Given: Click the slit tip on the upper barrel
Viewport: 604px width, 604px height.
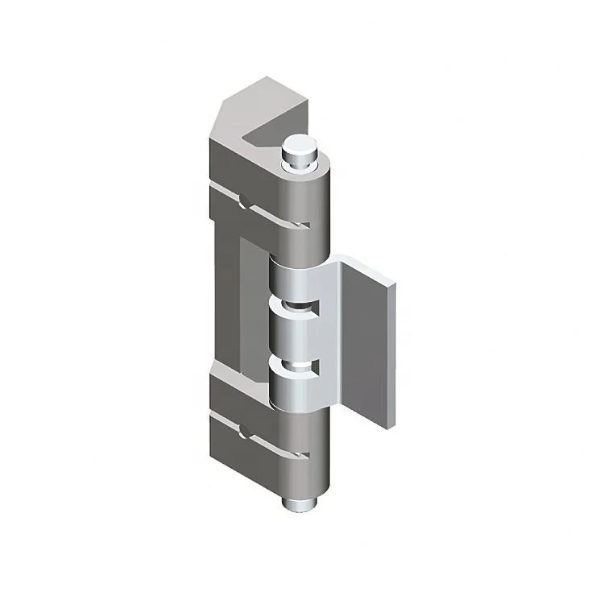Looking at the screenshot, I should (307, 227).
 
